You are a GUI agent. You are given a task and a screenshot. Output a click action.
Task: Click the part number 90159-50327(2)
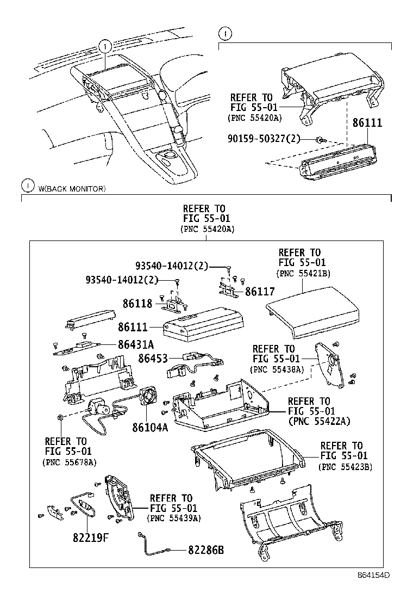269,139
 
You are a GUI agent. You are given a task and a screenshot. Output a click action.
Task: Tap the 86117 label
260,292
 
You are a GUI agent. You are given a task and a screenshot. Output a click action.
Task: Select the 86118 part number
137,303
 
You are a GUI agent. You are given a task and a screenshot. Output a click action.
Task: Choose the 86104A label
150,427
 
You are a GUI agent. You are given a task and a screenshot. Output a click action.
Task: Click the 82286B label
206,550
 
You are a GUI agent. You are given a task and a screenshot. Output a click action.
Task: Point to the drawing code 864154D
374,589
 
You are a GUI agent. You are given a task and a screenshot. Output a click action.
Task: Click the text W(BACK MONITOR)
72,189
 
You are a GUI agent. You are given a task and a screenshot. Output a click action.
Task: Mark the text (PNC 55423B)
345,466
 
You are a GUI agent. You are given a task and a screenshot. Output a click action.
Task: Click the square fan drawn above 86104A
148,396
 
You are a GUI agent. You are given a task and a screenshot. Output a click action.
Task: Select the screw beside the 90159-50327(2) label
320,140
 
